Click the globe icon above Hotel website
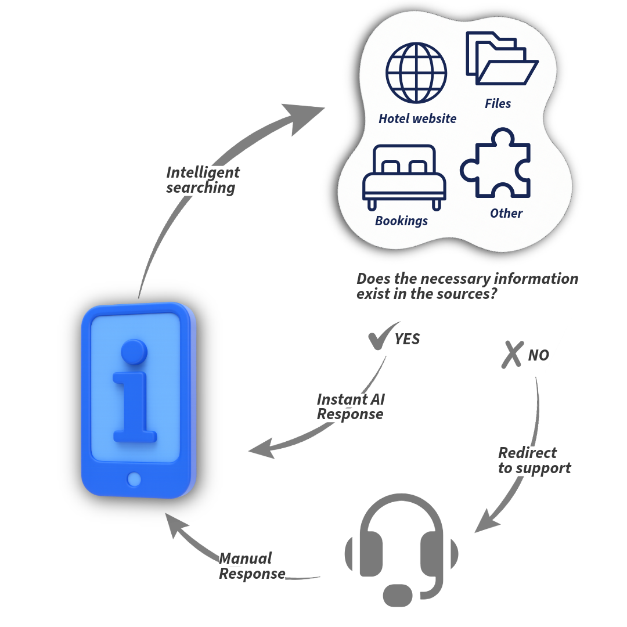click(416, 73)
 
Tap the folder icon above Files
click(502, 58)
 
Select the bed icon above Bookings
click(404, 176)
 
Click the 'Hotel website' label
click(417, 118)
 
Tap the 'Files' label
click(498, 103)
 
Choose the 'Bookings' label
click(401, 221)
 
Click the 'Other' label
click(506, 213)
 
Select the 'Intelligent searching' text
click(203, 180)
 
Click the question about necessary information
click(467, 286)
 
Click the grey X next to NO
click(512, 354)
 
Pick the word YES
click(408, 339)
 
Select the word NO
click(538, 355)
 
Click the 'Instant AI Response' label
click(351, 407)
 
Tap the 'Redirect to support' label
click(535, 461)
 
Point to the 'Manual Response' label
click(252, 566)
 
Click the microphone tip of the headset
click(398, 594)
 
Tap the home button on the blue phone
click(134, 479)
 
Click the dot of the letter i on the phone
click(134, 352)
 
